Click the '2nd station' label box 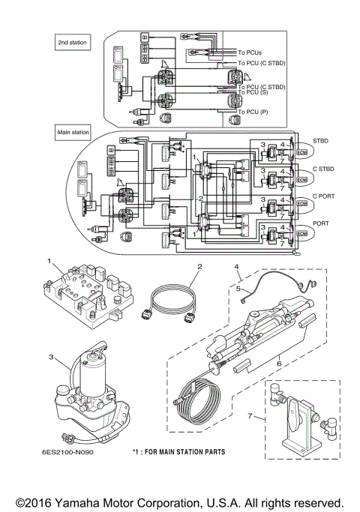[x=72, y=43]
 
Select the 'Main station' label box [x=73, y=132]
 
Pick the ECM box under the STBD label [x=302, y=153]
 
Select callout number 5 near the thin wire [x=237, y=286]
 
